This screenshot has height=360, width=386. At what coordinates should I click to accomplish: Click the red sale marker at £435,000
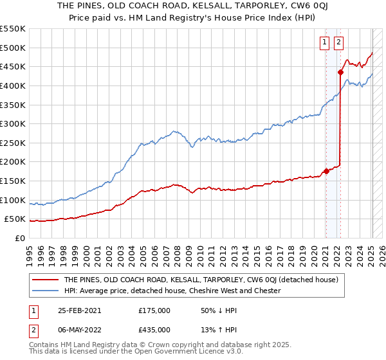(340, 72)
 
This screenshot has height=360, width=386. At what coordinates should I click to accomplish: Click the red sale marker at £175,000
(326, 171)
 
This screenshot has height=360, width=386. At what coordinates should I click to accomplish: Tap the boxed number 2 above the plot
(338, 43)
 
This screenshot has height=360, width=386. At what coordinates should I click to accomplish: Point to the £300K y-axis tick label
(14, 123)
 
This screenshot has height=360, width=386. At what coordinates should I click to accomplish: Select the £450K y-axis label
(14, 66)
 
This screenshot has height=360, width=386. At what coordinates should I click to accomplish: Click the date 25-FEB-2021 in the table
(78, 310)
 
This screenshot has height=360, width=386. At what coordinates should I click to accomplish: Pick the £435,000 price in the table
(154, 329)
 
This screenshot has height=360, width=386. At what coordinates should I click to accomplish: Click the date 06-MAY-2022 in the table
(78, 329)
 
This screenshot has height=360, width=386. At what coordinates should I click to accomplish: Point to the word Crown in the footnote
(168, 345)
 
